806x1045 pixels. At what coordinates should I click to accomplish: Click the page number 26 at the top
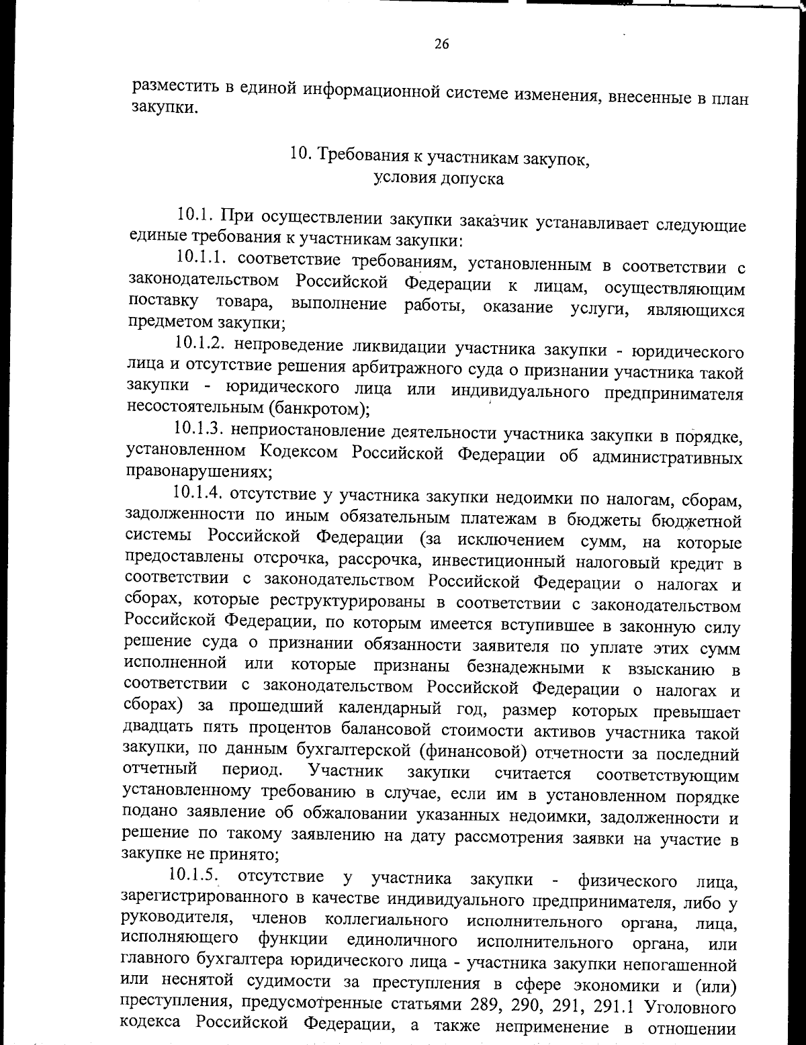point(441,44)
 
